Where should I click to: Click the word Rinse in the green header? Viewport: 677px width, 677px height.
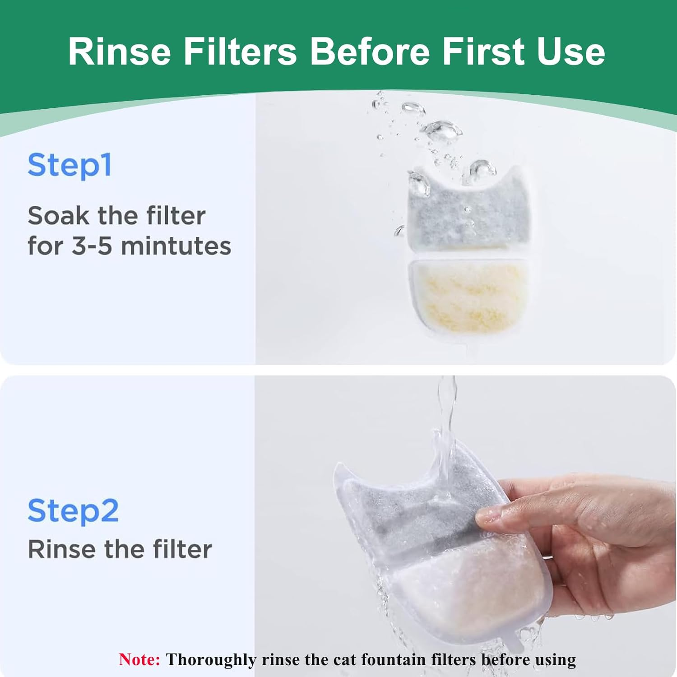click(x=120, y=51)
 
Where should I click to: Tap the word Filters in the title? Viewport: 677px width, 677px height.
click(x=240, y=51)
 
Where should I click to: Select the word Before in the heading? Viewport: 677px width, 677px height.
click(x=370, y=51)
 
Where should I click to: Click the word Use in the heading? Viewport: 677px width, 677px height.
click(x=571, y=51)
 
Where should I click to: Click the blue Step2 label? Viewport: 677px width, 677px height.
click(x=73, y=511)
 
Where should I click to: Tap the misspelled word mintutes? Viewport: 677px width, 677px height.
click(x=176, y=246)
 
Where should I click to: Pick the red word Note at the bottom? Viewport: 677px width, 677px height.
click(x=139, y=659)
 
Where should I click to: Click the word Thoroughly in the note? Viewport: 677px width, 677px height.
click(x=211, y=660)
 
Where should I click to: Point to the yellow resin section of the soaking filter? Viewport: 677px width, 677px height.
click(x=469, y=298)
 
